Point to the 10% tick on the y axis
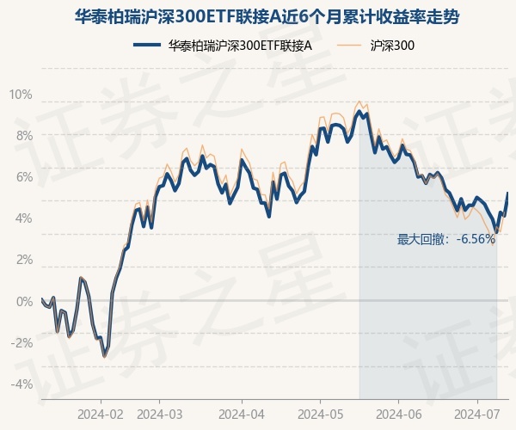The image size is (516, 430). [21, 95]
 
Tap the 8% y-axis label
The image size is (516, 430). [23, 136]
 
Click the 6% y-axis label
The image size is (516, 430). [23, 177]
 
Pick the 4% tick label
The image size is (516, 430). [23, 218]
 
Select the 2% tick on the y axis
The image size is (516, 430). [23, 260]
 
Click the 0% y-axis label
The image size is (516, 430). [23, 301]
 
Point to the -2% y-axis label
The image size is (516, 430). [21, 342]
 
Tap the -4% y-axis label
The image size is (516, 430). [21, 384]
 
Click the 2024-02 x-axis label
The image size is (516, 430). [101, 414]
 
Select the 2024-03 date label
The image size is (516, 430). [161, 414]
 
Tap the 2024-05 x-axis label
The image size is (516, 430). [320, 414]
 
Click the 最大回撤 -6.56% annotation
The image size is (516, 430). [445, 239]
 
